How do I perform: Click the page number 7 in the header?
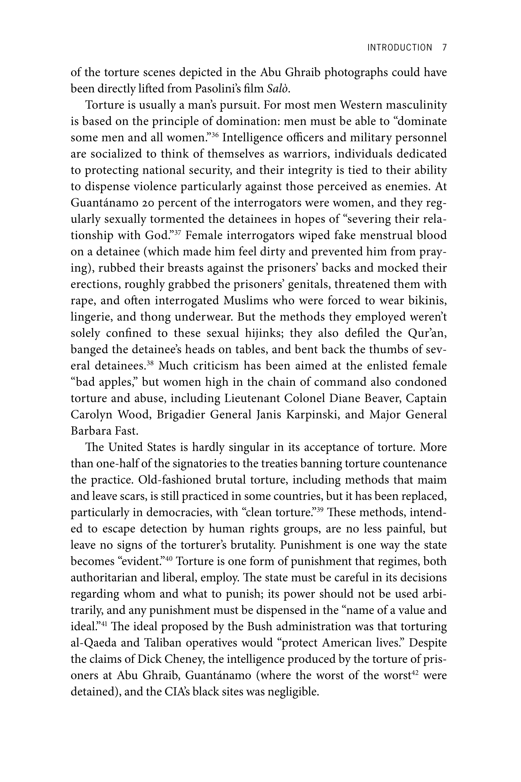coord(444,48)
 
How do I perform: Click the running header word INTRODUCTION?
coord(399,48)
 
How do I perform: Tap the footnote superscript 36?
coord(214,134)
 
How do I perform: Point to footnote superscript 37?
coord(177,232)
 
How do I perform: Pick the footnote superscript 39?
coord(320,509)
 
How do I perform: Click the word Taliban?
coord(162,642)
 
